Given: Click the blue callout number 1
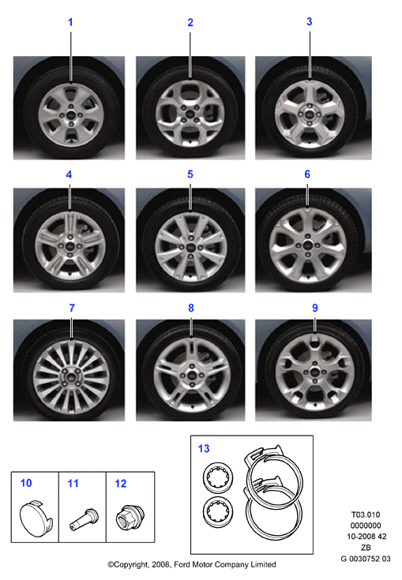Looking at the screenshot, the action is click(70, 22).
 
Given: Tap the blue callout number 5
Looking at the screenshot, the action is click(190, 174).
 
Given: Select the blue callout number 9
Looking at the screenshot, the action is click(314, 308).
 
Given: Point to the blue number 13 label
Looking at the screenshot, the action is click(204, 449).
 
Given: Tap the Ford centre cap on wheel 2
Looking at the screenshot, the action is click(190, 114).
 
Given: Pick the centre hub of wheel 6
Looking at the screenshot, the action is click(307, 245).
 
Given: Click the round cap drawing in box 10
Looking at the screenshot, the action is click(36, 516).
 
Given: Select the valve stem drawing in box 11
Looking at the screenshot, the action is click(84, 519).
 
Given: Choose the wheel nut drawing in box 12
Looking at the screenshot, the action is click(130, 517).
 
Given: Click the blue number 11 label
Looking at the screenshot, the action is click(73, 484).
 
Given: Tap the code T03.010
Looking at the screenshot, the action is click(366, 515).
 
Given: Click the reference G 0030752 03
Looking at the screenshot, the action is click(366, 559).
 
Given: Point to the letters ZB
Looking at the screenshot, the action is click(366, 548).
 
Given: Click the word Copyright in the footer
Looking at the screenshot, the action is click(130, 564).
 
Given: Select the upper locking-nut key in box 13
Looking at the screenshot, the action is click(218, 477).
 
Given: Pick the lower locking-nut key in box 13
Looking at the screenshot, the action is click(218, 512).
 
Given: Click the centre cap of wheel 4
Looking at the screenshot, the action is click(70, 245).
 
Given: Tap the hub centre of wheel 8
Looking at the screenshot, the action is click(191, 375).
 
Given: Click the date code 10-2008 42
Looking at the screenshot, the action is click(366, 537).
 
